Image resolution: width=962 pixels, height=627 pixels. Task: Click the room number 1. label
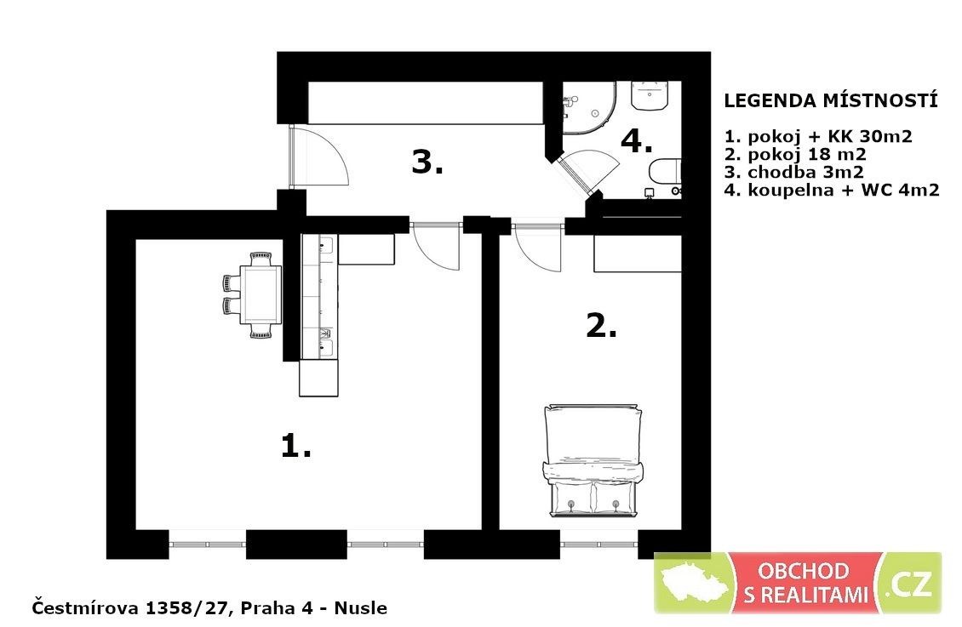295,445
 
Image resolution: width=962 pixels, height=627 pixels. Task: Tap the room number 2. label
601,326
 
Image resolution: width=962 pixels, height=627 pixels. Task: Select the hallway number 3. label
427,162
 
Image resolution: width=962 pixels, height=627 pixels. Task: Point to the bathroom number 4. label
636,141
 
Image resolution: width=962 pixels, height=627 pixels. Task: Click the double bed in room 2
593,459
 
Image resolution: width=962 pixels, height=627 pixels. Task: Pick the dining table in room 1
261,294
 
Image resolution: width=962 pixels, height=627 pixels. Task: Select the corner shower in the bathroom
590,108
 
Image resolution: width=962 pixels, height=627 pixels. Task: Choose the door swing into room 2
537,248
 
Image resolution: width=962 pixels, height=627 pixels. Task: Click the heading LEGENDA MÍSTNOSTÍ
831,101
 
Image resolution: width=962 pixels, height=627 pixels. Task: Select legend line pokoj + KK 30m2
818,136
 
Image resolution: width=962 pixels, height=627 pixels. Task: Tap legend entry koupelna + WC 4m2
831,190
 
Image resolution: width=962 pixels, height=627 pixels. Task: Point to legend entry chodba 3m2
794,172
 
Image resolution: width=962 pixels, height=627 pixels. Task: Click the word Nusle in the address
360,608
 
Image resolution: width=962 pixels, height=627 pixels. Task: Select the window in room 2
598,544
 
